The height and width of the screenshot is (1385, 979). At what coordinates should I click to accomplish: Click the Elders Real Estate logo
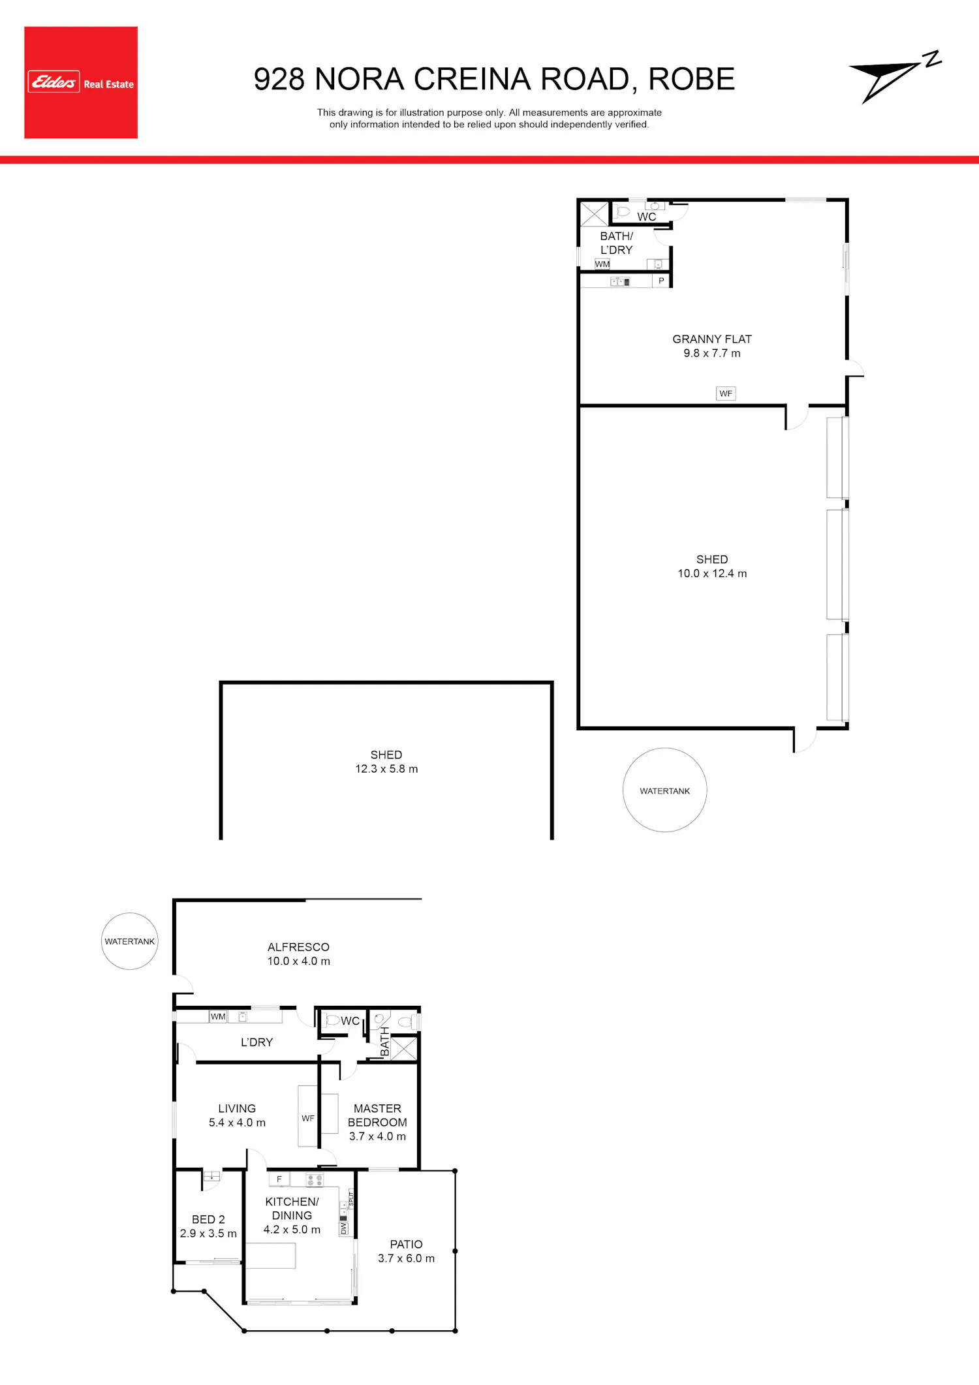coord(81,82)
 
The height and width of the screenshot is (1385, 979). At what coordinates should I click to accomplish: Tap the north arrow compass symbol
coord(895,78)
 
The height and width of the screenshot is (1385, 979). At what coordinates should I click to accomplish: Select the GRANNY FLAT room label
coord(712,339)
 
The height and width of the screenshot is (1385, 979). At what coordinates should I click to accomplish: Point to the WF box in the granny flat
coord(726,394)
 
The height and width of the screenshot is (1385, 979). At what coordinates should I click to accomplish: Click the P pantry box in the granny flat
coord(661,281)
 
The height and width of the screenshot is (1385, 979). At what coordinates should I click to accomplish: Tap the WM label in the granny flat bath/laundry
coord(602,264)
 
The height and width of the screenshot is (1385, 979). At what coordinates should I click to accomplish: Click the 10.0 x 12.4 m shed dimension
coord(712,574)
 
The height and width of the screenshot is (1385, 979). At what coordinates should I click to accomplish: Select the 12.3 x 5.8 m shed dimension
coord(386,769)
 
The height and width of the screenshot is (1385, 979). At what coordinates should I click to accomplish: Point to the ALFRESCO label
coord(298,947)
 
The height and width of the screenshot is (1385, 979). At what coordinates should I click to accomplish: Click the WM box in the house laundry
coord(218,1016)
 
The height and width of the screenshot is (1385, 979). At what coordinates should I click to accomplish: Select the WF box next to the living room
coord(308,1118)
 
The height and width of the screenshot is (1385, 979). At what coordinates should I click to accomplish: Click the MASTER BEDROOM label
coord(377,1115)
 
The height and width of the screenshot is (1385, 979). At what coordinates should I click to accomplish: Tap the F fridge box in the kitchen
coord(279,1179)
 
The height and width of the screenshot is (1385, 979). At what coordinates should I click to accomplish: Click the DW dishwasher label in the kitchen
coord(344,1228)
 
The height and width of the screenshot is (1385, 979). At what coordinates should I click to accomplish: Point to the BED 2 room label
coord(208,1219)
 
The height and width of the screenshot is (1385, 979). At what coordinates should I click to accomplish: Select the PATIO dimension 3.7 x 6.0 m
coord(406,1258)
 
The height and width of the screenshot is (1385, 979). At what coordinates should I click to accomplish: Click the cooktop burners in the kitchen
coord(315,1180)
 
